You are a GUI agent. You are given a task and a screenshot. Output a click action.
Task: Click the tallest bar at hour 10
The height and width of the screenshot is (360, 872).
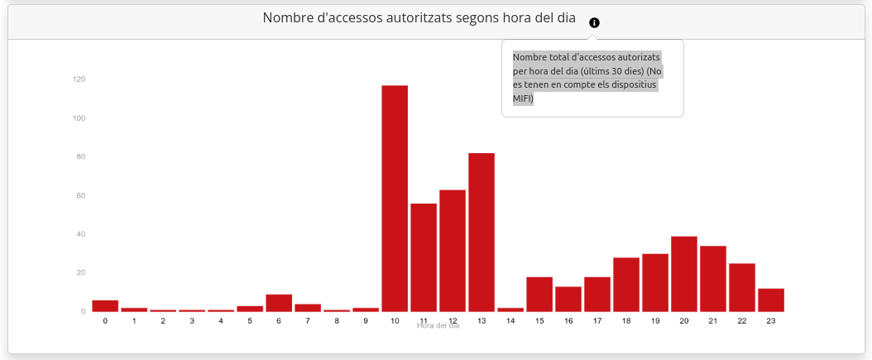point(395,199)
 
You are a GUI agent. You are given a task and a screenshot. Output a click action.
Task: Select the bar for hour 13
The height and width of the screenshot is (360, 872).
point(482,233)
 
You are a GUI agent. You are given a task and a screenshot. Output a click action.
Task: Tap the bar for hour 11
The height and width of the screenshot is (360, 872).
point(424,257)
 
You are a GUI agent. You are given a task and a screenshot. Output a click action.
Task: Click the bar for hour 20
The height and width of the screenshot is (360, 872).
point(684,274)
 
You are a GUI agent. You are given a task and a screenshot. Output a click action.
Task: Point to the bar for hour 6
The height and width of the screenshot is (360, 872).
point(279,303)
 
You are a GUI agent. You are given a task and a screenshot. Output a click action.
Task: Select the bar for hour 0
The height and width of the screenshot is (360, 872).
point(105,306)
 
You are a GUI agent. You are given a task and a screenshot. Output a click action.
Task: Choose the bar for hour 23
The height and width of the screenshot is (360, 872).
point(771,300)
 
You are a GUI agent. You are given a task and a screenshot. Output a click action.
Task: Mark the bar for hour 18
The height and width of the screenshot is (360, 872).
point(626,285)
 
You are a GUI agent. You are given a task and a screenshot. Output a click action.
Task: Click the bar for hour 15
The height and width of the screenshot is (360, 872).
point(539,295)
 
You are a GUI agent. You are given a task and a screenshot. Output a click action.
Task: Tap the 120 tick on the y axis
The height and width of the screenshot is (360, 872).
point(79,79)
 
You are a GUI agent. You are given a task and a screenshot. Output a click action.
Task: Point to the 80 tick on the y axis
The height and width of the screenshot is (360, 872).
point(80,157)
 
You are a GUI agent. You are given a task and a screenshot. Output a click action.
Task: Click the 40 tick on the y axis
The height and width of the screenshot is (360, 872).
point(80,234)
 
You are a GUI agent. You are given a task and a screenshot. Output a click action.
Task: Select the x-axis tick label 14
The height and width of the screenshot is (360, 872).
point(510,320)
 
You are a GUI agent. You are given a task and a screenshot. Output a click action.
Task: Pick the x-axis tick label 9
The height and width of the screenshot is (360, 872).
point(366,320)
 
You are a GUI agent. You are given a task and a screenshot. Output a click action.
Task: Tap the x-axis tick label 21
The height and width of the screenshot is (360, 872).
point(713,320)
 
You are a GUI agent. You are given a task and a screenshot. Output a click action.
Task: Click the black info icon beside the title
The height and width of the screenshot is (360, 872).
point(594,23)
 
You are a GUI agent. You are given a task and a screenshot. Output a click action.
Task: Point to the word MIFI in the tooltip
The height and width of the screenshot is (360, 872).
point(523,99)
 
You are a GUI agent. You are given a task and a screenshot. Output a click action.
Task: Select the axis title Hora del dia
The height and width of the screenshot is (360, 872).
point(438,326)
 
